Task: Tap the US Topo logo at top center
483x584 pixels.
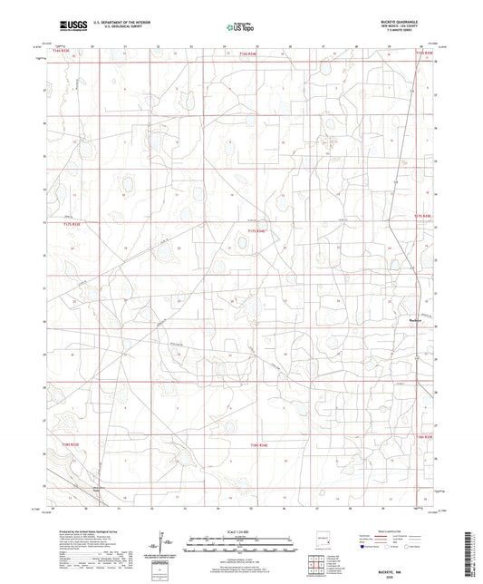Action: coord(239,27)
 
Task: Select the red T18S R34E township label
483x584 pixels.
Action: coord(259,444)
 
